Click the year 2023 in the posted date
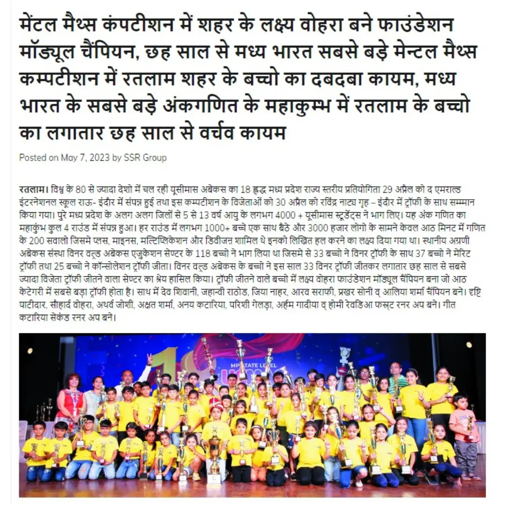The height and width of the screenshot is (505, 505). [100, 158]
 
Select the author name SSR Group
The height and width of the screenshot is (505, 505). [145, 158]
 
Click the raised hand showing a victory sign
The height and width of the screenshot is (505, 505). [149, 360]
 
